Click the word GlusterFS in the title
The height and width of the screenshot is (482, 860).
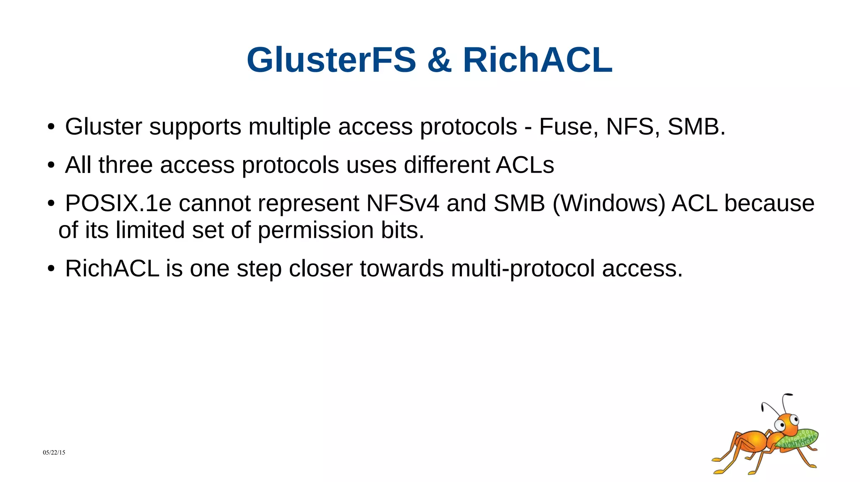331,60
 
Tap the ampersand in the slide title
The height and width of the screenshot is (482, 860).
439,60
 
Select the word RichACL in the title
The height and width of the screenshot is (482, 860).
537,60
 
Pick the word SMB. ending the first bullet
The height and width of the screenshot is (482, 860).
696,126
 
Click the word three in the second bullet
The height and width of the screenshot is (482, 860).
126,165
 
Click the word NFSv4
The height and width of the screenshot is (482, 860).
403,203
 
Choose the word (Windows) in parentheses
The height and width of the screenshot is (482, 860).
609,203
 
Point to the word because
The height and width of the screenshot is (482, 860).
769,203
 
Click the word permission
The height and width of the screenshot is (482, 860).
315,230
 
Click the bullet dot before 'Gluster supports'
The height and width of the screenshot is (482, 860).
51,127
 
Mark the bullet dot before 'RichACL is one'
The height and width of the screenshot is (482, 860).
51,269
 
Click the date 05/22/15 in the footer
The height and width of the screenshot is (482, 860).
54,452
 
